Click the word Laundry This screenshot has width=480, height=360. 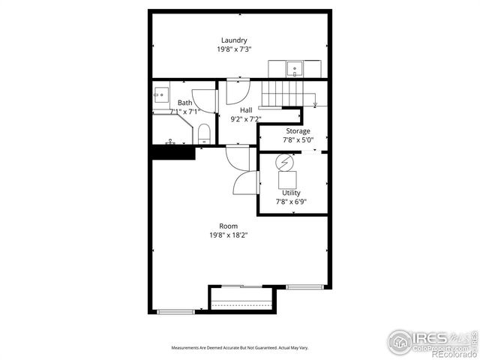click(234, 40)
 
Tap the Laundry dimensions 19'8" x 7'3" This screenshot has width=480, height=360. click(234, 49)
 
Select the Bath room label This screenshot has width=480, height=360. click(184, 103)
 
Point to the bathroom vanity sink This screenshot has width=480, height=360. click(160, 94)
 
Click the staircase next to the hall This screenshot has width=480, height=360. click(280, 94)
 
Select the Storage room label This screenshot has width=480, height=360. click(297, 131)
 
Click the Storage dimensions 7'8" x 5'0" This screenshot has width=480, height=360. click(297, 139)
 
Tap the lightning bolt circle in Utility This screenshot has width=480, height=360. click(285, 161)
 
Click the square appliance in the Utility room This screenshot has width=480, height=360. click(287, 179)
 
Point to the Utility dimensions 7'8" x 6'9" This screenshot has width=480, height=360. click(291, 201)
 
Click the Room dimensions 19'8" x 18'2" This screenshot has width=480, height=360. click(229, 235)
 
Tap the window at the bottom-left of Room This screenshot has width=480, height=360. click(175, 311)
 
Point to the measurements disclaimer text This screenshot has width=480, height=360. click(240, 348)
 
